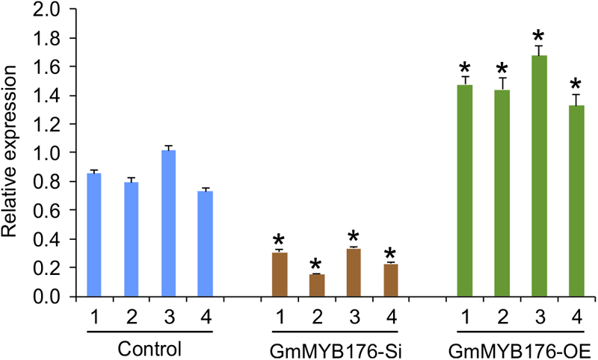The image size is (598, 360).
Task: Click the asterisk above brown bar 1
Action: point(279,240)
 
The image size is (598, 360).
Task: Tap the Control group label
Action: point(149,349)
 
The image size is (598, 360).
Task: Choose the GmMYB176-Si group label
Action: point(334,349)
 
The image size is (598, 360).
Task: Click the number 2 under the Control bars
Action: point(131,316)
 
